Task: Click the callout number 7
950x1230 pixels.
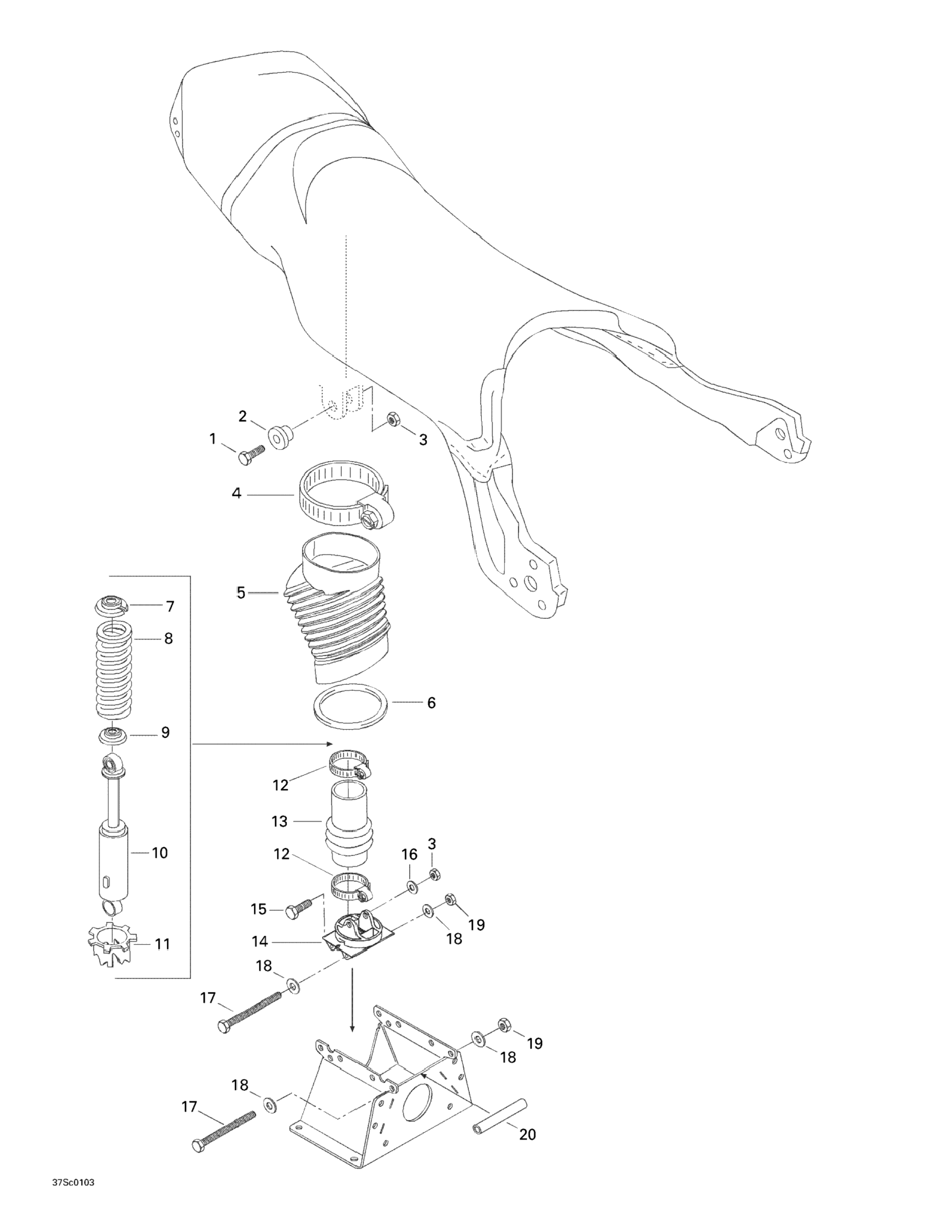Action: [x=170, y=606]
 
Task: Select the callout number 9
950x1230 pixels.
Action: [x=165, y=733]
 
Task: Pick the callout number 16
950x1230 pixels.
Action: [x=409, y=870]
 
